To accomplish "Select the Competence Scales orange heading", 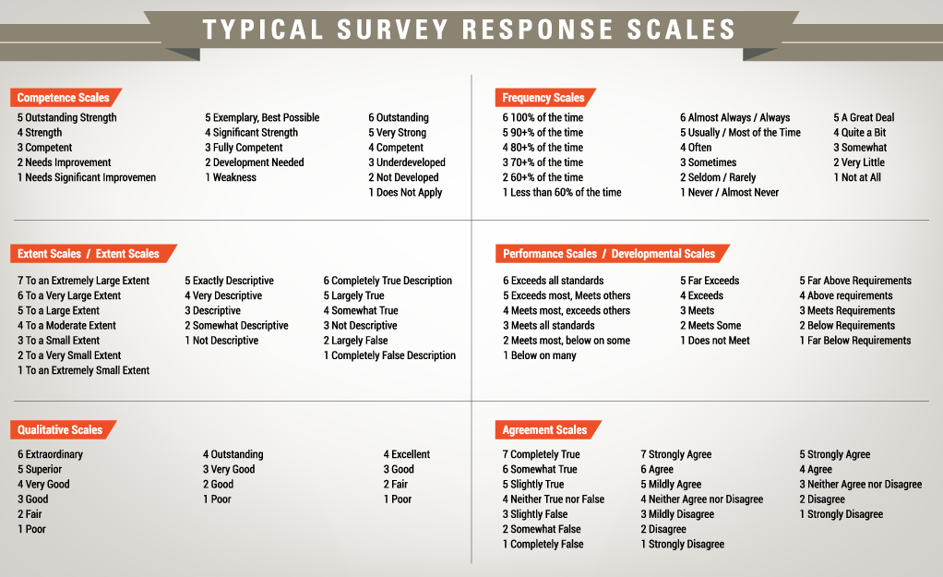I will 63,97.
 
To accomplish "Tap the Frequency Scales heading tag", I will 543,97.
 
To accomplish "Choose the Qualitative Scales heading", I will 60,429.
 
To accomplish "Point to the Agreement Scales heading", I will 544,429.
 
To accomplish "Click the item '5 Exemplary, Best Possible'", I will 262,117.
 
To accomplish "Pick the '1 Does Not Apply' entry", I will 405,192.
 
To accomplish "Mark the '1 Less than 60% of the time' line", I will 562,192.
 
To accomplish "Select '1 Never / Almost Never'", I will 730,192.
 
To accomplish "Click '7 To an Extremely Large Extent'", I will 83,281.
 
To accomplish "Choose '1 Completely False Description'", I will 389,355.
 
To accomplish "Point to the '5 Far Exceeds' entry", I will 710,281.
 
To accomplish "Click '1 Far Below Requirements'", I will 854,341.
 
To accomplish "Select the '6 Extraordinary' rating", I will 50,454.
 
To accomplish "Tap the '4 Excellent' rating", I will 407,454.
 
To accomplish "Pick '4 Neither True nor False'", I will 554,499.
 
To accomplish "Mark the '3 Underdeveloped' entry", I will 407,162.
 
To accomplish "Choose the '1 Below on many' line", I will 540,355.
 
